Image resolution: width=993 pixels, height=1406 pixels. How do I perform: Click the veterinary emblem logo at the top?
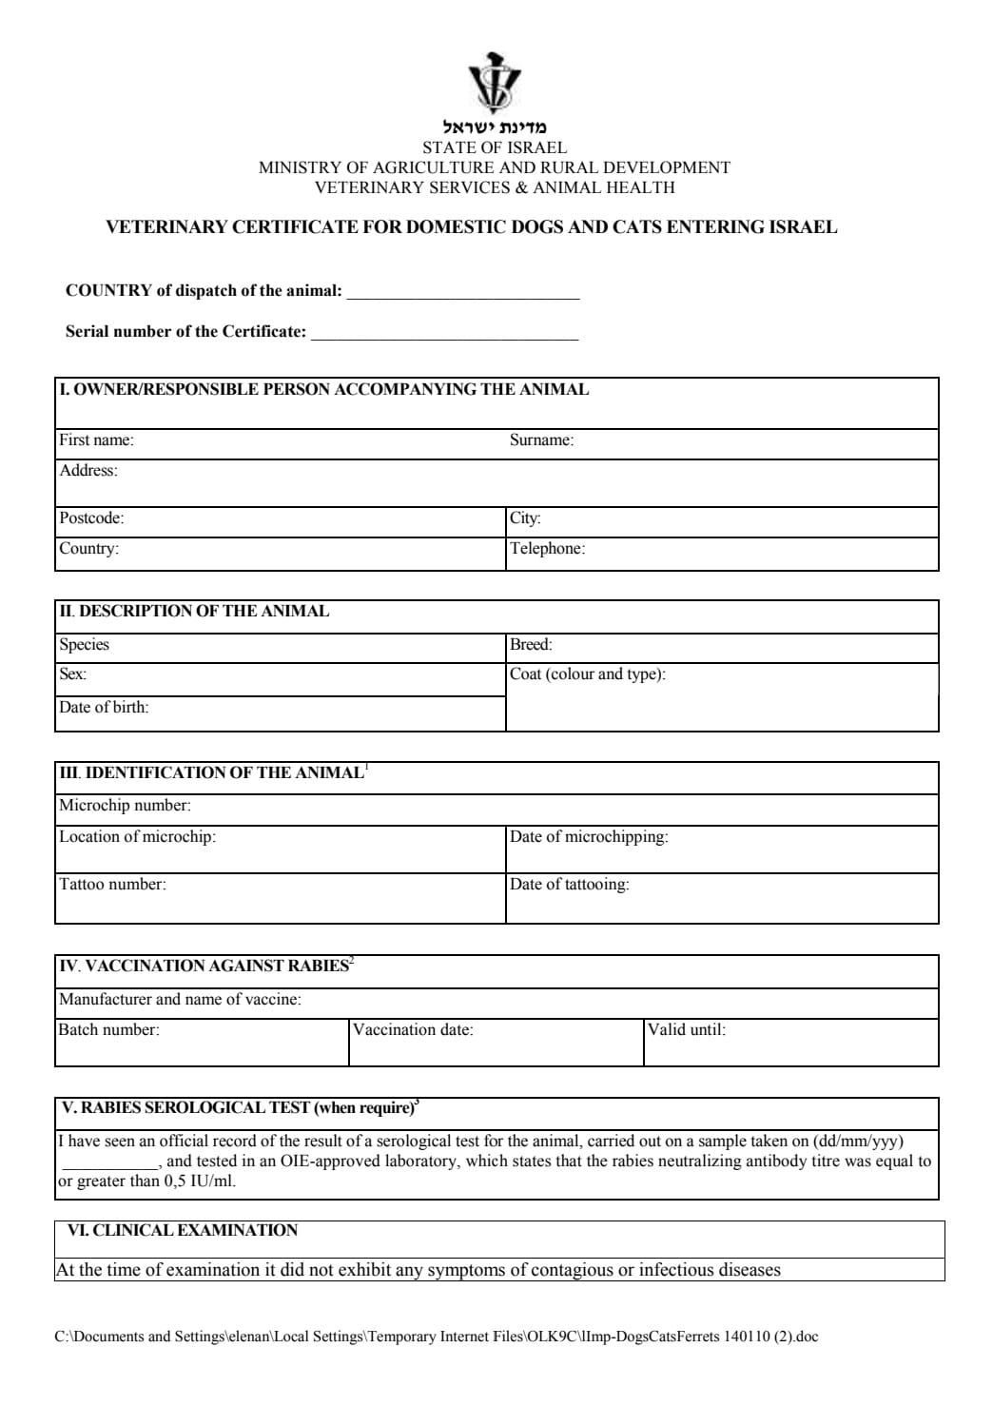coord(495,83)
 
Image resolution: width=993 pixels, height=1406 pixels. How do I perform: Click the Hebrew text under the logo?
coord(495,127)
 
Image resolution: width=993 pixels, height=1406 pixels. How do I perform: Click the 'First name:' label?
coord(96,440)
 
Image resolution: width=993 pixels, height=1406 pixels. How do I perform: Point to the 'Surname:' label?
coord(541,440)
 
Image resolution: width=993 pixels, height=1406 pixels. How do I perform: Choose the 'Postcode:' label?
coord(91,518)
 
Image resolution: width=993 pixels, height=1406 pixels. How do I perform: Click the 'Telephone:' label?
coord(547,549)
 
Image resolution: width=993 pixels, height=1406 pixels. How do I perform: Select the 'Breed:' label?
coord(531,645)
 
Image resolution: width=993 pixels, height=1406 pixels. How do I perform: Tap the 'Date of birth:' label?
coord(104,708)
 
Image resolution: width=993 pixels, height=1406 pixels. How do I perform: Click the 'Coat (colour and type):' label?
coord(588,674)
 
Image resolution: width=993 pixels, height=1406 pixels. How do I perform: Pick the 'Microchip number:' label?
coord(125,806)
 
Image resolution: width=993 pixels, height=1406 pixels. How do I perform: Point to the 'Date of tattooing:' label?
coord(569,885)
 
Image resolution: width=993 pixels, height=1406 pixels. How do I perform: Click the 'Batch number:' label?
coord(108,1029)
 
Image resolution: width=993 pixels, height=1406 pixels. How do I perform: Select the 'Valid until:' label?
coord(686,1029)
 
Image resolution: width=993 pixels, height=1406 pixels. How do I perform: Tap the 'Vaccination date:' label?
coord(413,1029)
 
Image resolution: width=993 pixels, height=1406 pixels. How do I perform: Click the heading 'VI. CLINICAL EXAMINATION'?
coord(182,1231)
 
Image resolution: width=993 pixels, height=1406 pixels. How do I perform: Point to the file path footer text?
coord(437,1337)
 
